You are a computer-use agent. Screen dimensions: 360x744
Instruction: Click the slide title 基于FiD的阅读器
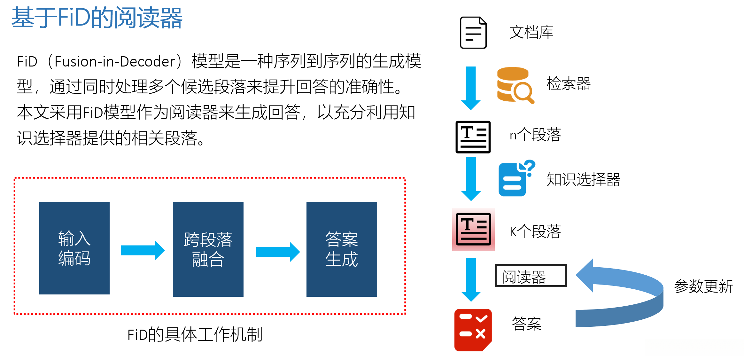[x=97, y=18]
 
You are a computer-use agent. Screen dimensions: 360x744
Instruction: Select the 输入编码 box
[x=74, y=248]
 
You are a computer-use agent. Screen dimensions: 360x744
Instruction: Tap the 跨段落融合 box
[x=208, y=249]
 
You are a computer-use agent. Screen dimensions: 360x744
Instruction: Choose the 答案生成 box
[x=342, y=249]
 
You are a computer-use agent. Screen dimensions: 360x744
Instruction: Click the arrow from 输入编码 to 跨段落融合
[x=143, y=250]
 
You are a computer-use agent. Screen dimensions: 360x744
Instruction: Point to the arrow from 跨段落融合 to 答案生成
[x=278, y=252]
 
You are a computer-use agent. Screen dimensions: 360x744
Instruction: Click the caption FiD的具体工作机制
[x=195, y=335]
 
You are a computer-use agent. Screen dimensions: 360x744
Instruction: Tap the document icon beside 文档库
[x=473, y=33]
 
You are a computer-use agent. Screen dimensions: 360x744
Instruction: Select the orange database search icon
[x=515, y=85]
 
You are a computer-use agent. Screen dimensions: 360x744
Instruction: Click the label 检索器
[x=569, y=83]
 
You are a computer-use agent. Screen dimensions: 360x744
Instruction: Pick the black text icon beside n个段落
[x=473, y=137]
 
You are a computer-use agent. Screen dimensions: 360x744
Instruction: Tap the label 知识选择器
[x=583, y=179]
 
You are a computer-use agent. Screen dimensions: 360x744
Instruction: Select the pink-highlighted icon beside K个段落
[x=473, y=229]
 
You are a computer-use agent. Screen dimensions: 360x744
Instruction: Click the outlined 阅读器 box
[x=531, y=276]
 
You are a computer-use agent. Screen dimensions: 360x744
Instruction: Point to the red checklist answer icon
[x=473, y=330]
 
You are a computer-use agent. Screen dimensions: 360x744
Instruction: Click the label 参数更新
[x=703, y=286]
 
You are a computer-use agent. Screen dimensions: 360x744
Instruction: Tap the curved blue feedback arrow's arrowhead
[x=585, y=275]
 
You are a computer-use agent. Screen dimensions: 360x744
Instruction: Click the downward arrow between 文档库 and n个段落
[x=471, y=88]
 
